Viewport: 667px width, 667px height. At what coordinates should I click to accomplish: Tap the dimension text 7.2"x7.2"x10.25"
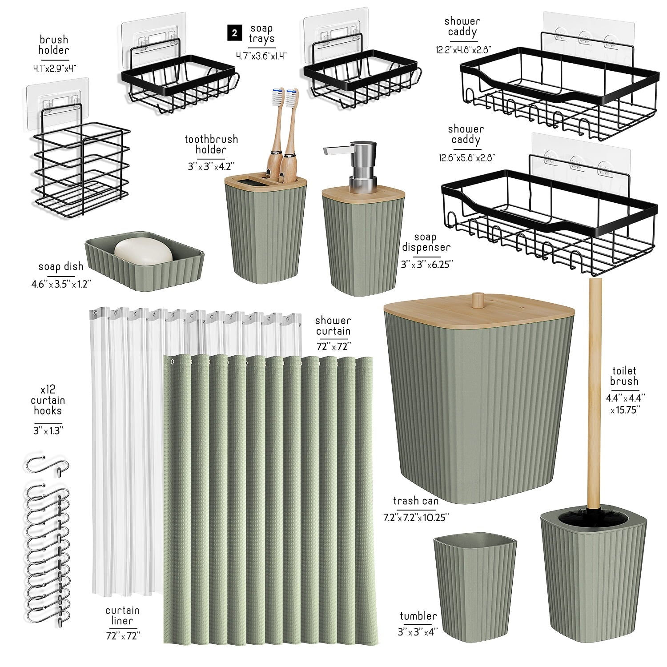pos(416,517)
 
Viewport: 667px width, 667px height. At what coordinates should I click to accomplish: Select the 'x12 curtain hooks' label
pos(48,400)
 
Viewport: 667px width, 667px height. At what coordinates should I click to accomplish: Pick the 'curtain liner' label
pos(122,616)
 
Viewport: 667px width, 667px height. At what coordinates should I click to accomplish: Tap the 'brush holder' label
pos(53,44)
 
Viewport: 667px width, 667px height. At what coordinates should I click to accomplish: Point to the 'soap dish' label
pos(60,267)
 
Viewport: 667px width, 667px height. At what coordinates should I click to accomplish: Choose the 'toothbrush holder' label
pos(211,145)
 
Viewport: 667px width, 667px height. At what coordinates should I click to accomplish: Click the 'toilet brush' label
pos(624,376)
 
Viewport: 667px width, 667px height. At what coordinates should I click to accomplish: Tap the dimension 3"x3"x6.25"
pos(426,264)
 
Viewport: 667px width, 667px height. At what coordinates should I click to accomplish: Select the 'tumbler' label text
pos(418,616)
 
